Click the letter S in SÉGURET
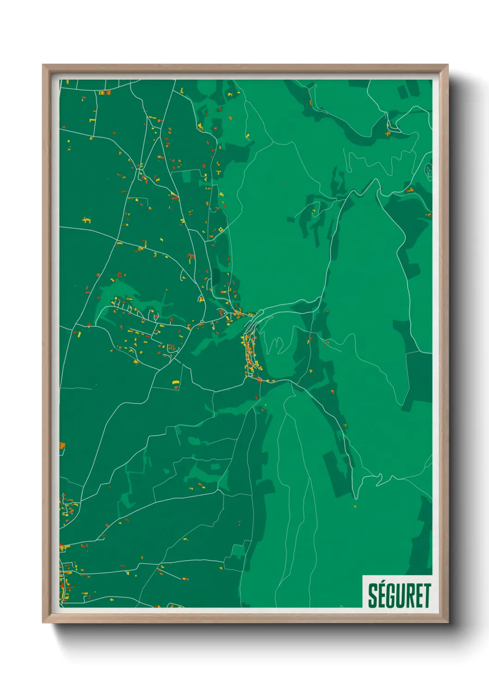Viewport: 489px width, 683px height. (x=373, y=596)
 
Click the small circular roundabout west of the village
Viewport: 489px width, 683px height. (x=202, y=321)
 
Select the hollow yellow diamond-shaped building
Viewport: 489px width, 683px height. (x=221, y=229)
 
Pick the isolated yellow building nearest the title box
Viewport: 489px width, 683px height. (x=355, y=507)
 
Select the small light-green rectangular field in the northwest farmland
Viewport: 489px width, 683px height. (x=191, y=176)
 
